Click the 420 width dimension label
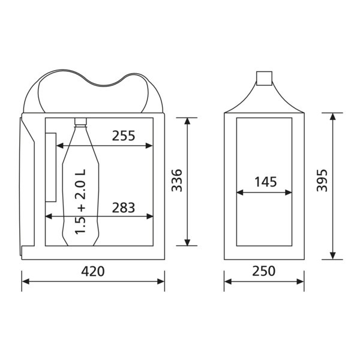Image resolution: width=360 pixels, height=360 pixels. (93, 271)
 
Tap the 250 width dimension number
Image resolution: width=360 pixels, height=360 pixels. (264, 271)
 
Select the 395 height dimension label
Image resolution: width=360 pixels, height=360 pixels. (322, 180)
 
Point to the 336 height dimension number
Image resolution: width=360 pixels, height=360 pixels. (177, 180)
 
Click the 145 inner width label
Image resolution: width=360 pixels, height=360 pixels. (266, 182)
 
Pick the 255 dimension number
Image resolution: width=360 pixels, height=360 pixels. (124, 136)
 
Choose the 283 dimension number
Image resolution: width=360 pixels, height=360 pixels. (124, 208)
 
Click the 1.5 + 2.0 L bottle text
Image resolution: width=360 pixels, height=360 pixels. (80, 202)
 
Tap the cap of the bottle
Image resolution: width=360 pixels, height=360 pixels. (80, 121)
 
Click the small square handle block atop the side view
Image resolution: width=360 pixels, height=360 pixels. (264, 78)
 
